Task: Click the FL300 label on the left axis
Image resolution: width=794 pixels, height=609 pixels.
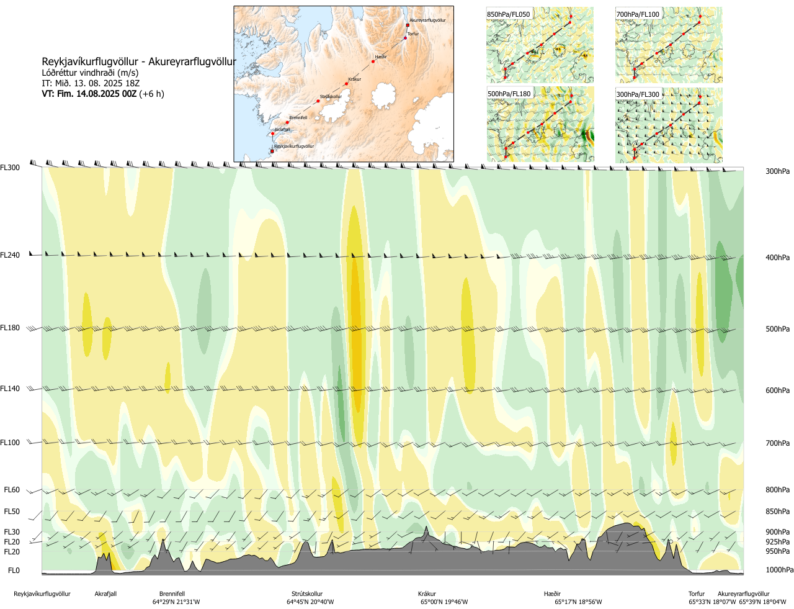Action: (10, 168)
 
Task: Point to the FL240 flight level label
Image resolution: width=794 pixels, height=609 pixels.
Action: (10, 255)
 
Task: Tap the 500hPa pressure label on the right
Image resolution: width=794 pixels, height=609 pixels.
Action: (777, 329)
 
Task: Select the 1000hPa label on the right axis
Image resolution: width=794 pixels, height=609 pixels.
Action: (779, 570)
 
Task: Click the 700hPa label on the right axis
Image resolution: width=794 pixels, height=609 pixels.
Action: (777, 443)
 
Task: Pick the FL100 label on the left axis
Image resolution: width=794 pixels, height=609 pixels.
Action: (10, 443)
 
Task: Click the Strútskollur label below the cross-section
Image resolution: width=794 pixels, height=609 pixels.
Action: (307, 594)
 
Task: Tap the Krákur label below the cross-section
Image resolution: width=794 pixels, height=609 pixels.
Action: (427, 594)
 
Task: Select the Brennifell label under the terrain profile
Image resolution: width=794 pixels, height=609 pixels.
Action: (172, 594)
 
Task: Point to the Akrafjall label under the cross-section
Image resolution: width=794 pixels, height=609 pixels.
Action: (105, 594)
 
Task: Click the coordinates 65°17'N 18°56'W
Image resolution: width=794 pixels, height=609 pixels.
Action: (578, 602)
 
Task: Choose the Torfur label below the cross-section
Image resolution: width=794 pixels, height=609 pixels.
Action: (697, 594)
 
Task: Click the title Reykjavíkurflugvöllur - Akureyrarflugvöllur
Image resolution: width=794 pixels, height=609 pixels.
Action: (139, 62)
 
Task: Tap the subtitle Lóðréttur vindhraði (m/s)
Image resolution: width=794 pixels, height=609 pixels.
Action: (90, 73)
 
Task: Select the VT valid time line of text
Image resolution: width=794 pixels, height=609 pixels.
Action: (102, 94)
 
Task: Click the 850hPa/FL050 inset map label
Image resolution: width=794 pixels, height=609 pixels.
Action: (509, 14)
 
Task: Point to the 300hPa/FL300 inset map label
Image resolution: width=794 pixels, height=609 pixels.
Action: (638, 94)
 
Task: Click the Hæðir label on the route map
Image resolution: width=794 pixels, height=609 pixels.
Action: (381, 57)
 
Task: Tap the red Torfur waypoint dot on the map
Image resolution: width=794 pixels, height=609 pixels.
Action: (406, 38)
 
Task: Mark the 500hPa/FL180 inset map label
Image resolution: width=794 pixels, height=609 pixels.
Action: (509, 94)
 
